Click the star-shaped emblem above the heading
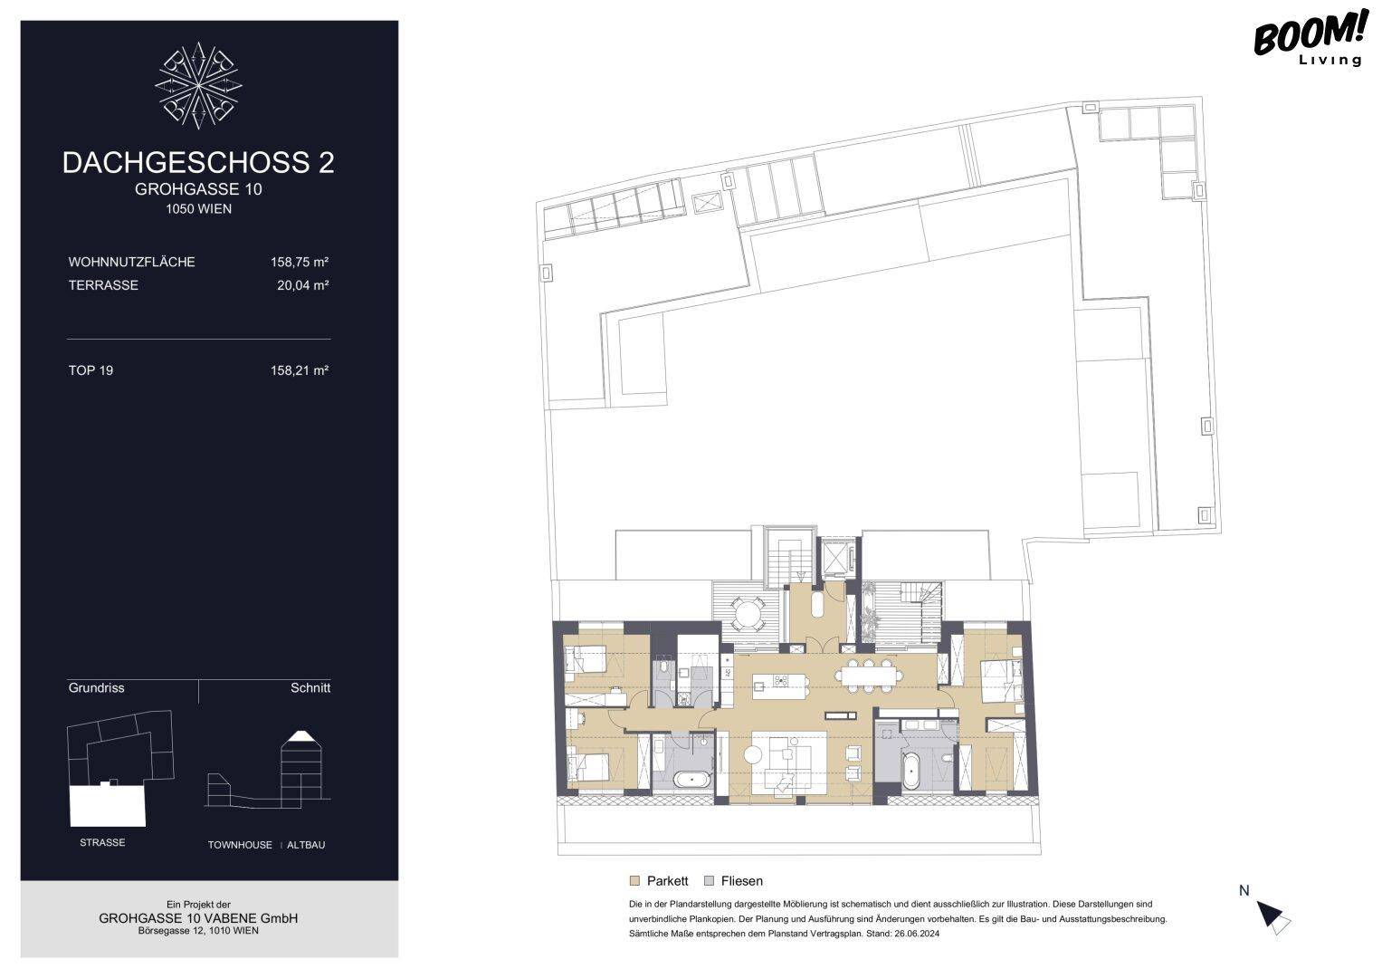tap(198, 85)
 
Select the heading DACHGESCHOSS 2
tap(198, 162)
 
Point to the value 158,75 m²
tap(300, 262)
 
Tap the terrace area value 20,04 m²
tap(302, 285)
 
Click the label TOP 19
tap(91, 370)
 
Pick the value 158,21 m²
tap(300, 370)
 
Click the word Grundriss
tap(96, 688)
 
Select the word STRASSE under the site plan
tap(102, 842)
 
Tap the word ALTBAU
tap(306, 845)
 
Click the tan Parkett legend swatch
tap(634, 881)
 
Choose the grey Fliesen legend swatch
tap(709, 881)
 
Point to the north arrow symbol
tap(1272, 916)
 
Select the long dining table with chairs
tap(869, 675)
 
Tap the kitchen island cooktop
tap(780, 681)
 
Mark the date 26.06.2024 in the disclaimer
tap(917, 934)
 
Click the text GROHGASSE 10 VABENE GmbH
tap(198, 918)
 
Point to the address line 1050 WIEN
tap(199, 208)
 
